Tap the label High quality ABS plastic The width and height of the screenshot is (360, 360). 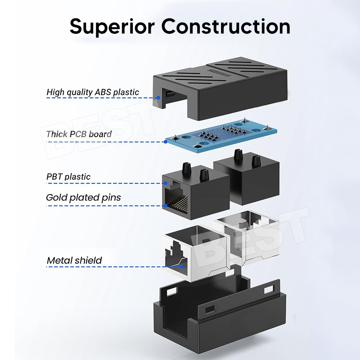pos(93,92)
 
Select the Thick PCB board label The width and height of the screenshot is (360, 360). pos(79,134)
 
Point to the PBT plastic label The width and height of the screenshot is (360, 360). pos(68,177)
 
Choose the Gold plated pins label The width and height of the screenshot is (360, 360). pos(83,197)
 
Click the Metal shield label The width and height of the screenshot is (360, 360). pos(74,260)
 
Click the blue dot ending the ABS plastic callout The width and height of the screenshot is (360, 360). pos(158,98)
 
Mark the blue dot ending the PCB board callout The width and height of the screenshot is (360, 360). pos(166,141)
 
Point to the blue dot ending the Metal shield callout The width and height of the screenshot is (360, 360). pos(183,267)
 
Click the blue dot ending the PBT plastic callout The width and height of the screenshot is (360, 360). pos(165,184)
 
